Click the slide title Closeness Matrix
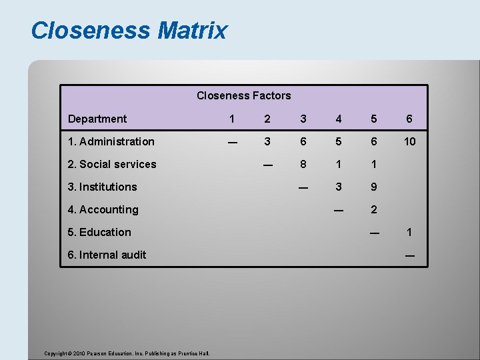129,31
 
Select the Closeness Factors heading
243,95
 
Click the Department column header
97,119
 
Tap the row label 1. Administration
111,141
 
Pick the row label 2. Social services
112,164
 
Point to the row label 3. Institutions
103,187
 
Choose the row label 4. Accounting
103,209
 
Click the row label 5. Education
100,232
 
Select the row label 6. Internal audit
107,255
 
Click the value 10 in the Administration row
409,141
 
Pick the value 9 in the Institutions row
373,187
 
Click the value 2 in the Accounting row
373,209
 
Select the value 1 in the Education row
409,232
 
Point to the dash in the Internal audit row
409,255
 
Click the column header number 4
339,119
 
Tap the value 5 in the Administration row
339,141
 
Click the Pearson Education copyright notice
127,353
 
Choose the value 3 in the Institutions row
339,187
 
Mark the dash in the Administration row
231,141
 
